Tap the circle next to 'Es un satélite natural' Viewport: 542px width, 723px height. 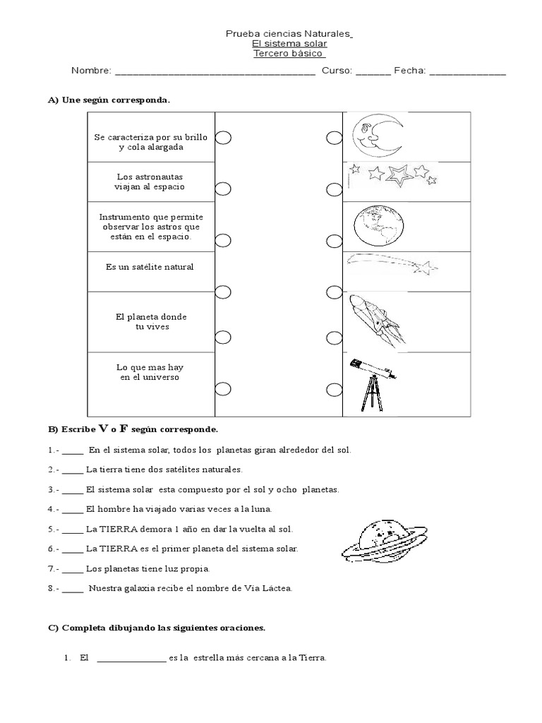[x=223, y=292]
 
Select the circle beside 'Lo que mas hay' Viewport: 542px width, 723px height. [x=223, y=388]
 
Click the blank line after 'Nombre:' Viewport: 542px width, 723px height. [x=215, y=72]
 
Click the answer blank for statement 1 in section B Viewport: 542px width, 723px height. [x=73, y=450]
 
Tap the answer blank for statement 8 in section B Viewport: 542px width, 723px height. [x=73, y=588]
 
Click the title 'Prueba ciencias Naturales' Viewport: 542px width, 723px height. [x=289, y=33]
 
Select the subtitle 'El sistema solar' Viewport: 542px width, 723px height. [x=289, y=44]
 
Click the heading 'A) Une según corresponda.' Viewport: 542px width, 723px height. [x=109, y=100]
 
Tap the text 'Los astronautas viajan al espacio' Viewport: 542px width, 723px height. [x=150, y=182]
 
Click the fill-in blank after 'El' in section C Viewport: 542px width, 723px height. [x=131, y=658]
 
